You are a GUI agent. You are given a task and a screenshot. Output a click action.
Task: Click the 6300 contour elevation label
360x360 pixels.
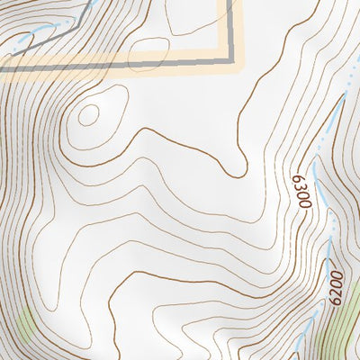pyautogui.click(x=301, y=190)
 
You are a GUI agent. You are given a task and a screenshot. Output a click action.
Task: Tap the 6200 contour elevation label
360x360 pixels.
pyautogui.click(x=337, y=286)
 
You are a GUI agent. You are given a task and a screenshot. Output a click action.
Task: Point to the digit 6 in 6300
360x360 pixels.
pyautogui.click(x=299, y=177)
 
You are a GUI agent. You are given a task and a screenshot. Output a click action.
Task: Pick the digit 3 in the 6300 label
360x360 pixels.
pyautogui.click(x=301, y=186)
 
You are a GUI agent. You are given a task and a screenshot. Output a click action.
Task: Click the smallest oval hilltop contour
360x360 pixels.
pyautogui.click(x=88, y=114)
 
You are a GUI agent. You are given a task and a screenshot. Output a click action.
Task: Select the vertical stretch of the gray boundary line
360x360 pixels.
pyautogui.click(x=230, y=27)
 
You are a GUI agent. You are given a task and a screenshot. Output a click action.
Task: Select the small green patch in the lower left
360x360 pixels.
pyautogui.click(x=24, y=325)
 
